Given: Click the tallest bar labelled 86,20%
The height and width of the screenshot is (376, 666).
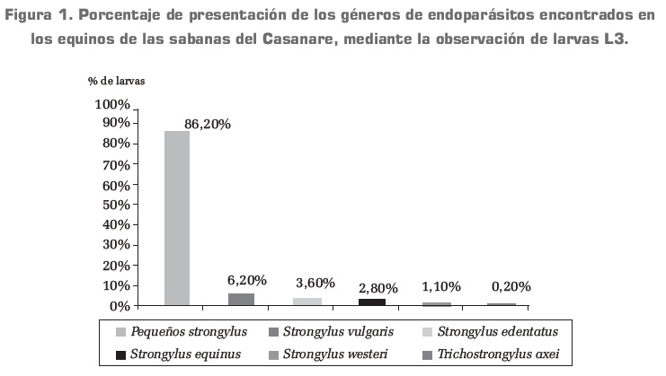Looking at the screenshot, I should [176, 218].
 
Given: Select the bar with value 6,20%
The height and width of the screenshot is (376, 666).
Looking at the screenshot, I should [241, 299].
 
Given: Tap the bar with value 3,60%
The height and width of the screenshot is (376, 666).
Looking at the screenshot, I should [306, 302].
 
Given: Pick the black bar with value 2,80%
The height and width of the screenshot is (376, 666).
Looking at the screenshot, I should [371, 302].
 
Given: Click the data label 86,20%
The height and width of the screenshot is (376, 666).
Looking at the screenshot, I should [208, 125].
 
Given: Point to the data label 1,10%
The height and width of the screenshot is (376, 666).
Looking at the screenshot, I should [441, 287].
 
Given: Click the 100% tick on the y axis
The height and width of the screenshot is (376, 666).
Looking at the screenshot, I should [111, 104].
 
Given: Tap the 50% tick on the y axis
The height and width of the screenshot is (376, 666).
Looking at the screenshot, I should [115, 205].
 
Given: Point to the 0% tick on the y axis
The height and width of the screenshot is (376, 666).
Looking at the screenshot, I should [119, 306].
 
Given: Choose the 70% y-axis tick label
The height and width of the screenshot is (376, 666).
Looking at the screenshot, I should [115, 164].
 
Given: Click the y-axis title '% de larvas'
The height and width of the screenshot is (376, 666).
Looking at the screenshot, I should [116, 80].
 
